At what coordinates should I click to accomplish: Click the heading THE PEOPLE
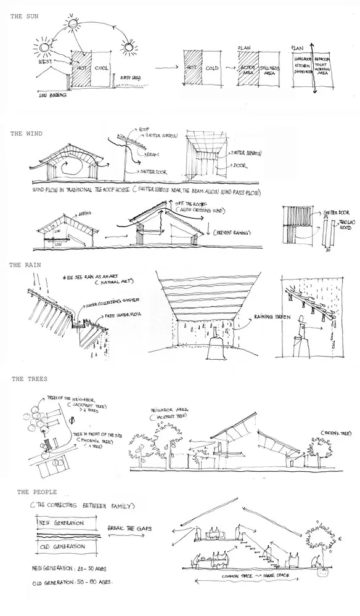[36, 492]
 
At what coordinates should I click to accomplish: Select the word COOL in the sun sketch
[102, 68]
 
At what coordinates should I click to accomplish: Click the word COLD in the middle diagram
[213, 69]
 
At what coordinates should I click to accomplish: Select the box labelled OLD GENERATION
[61, 546]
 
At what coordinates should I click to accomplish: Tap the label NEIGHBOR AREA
[169, 410]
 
